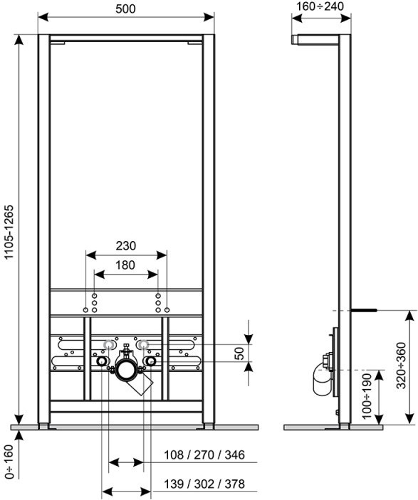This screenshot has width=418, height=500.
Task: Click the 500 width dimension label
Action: click(x=125, y=9)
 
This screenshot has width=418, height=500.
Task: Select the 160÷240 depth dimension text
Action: click(x=320, y=6)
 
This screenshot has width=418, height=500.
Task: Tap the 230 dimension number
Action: click(x=126, y=246)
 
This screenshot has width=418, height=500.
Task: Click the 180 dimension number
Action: click(x=125, y=265)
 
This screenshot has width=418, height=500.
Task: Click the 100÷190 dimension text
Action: click(x=367, y=395)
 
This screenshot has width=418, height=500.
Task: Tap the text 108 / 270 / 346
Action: click(x=204, y=454)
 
